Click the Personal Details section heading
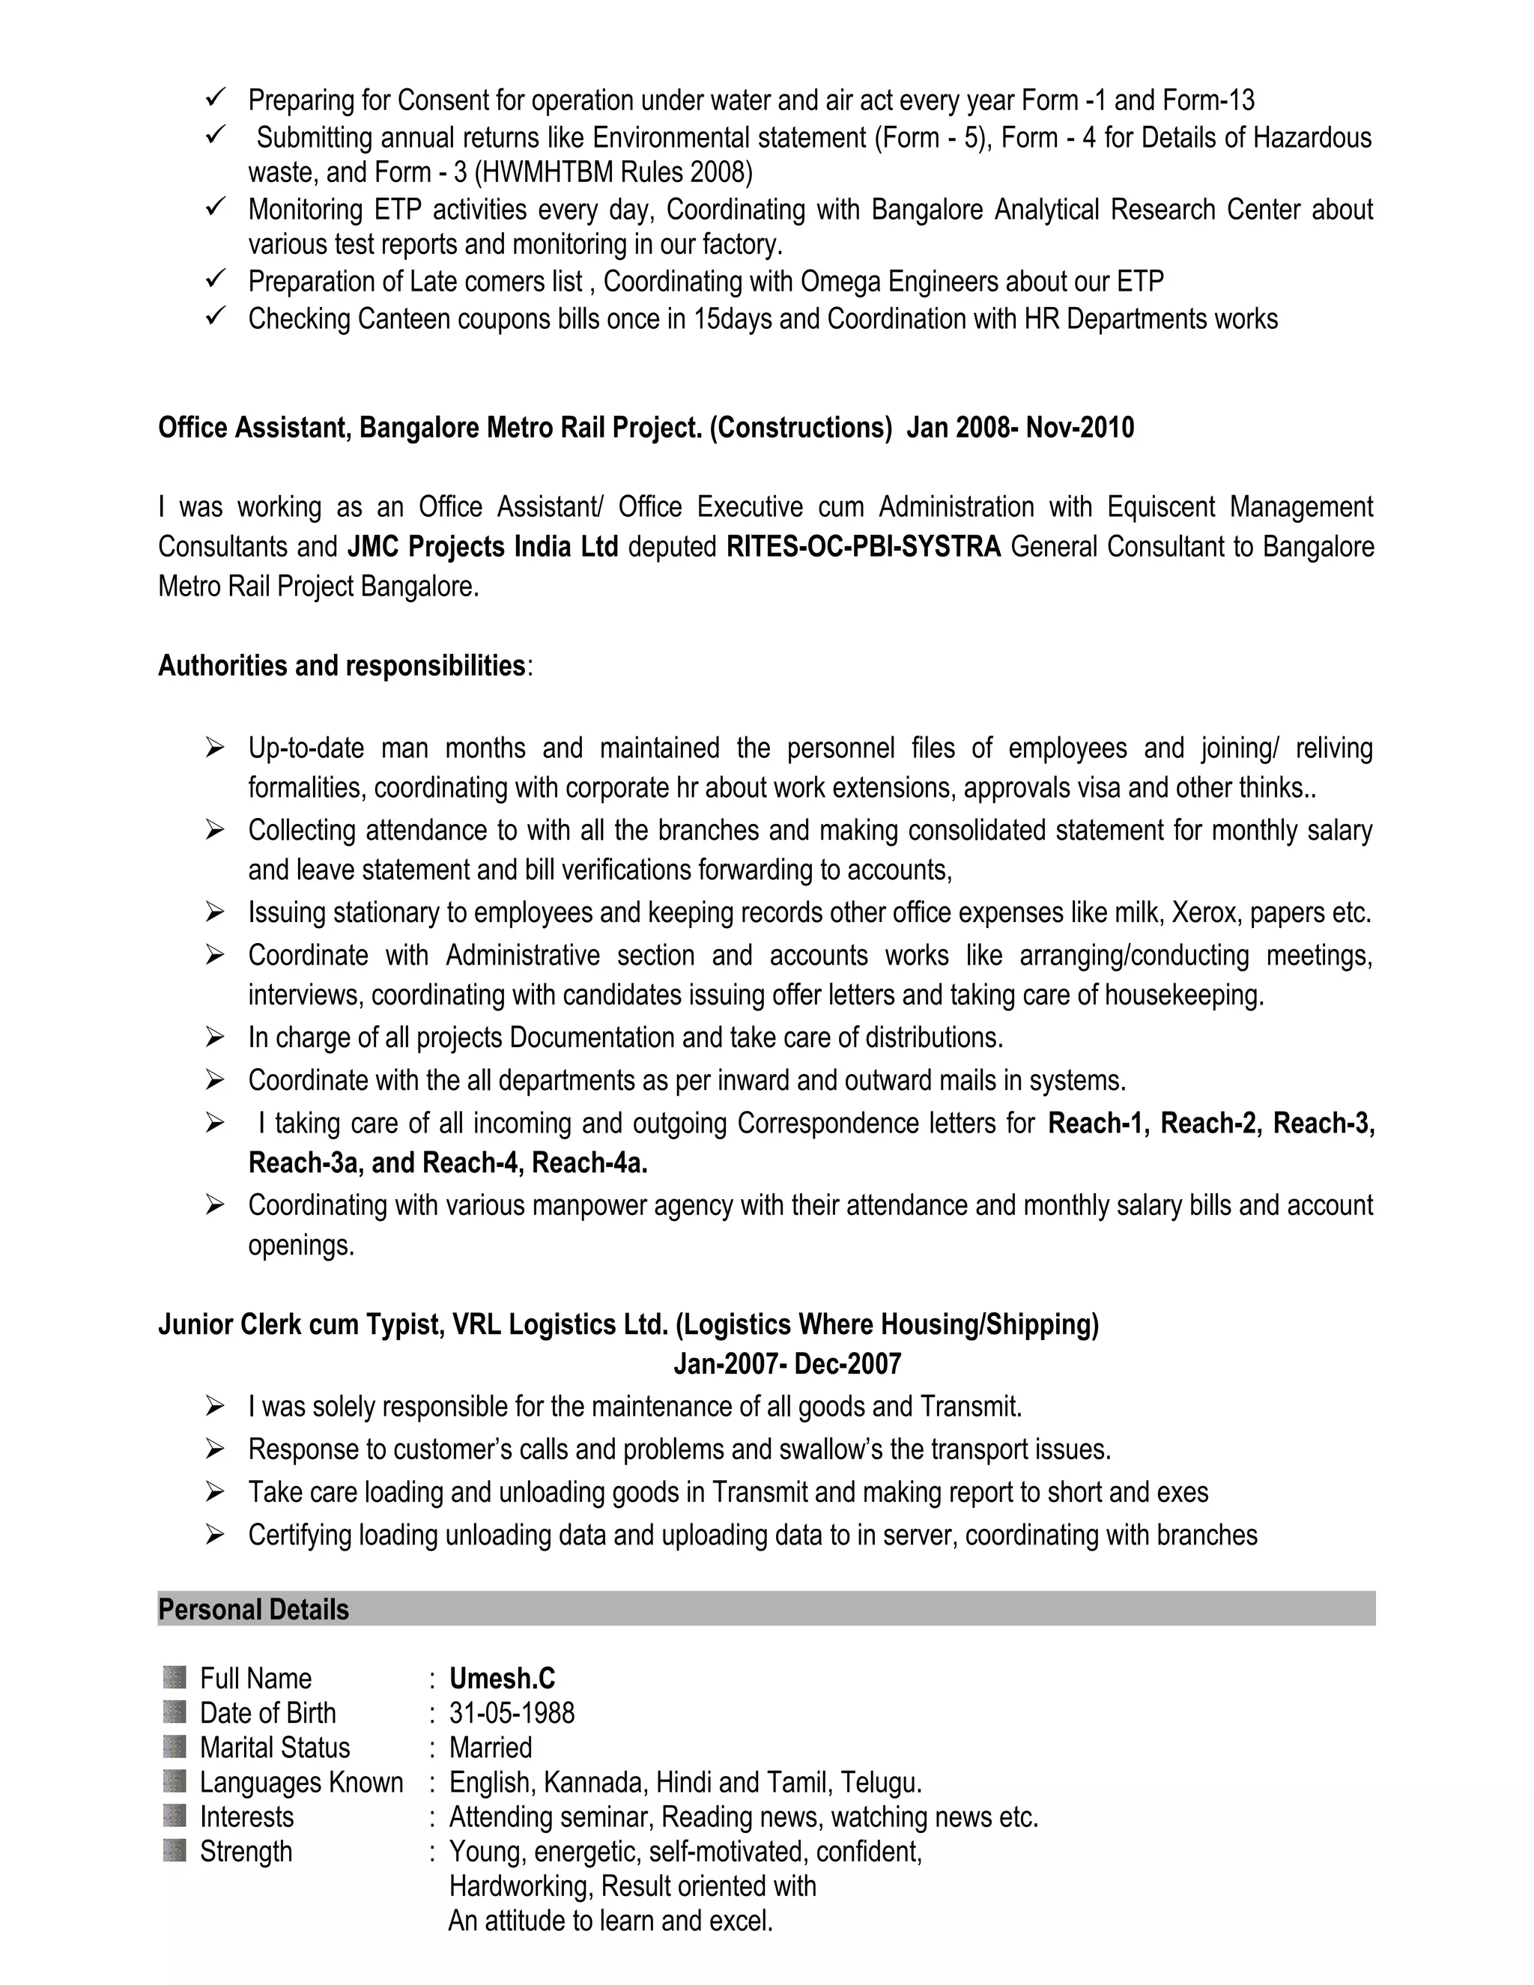click(254, 1610)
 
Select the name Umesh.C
click(502, 1678)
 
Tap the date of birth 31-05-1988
click(512, 1712)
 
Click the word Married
click(491, 1747)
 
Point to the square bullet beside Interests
click(175, 1816)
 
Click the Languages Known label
click(301, 1781)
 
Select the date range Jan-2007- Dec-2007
click(787, 1363)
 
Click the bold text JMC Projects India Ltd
click(482, 546)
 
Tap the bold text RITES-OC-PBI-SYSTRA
click(864, 546)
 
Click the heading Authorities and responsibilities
click(342, 665)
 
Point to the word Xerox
click(1205, 912)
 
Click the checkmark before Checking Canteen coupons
click(216, 316)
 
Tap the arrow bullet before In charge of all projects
click(214, 1036)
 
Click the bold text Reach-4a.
click(589, 1163)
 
